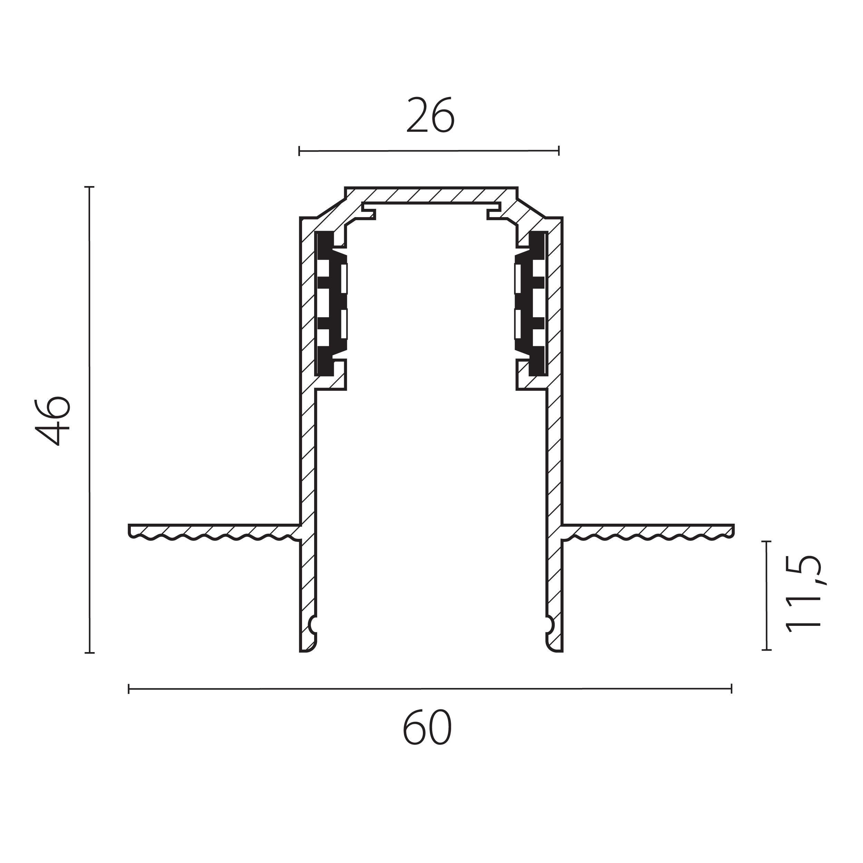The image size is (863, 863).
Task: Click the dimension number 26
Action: pos(430,115)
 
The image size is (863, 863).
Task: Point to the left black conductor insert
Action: pos(331,304)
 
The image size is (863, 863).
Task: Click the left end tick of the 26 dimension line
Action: pos(299,151)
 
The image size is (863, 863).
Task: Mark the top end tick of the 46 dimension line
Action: pos(89,187)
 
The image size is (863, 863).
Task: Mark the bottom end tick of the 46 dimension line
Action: pos(89,653)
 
